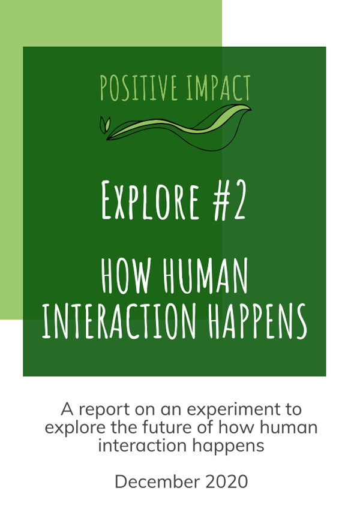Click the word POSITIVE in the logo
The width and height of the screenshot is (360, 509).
coord(139,88)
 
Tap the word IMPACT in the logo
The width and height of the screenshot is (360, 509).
coord(218,88)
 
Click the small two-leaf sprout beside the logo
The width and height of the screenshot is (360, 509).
coord(105,125)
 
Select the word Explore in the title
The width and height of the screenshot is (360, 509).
coord(150,200)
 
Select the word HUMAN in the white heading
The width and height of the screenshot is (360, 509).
coord(205,276)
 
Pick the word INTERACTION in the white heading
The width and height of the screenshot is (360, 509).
coord(119,321)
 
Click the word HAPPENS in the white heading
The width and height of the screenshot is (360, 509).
coord(257,321)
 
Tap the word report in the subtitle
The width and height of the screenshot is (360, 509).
coord(104,410)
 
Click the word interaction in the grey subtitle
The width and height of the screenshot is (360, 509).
coord(142,445)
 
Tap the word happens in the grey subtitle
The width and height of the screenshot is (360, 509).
coord(228,446)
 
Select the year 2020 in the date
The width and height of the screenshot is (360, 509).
coord(226,482)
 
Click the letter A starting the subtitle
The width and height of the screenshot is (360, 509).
coord(67,409)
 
